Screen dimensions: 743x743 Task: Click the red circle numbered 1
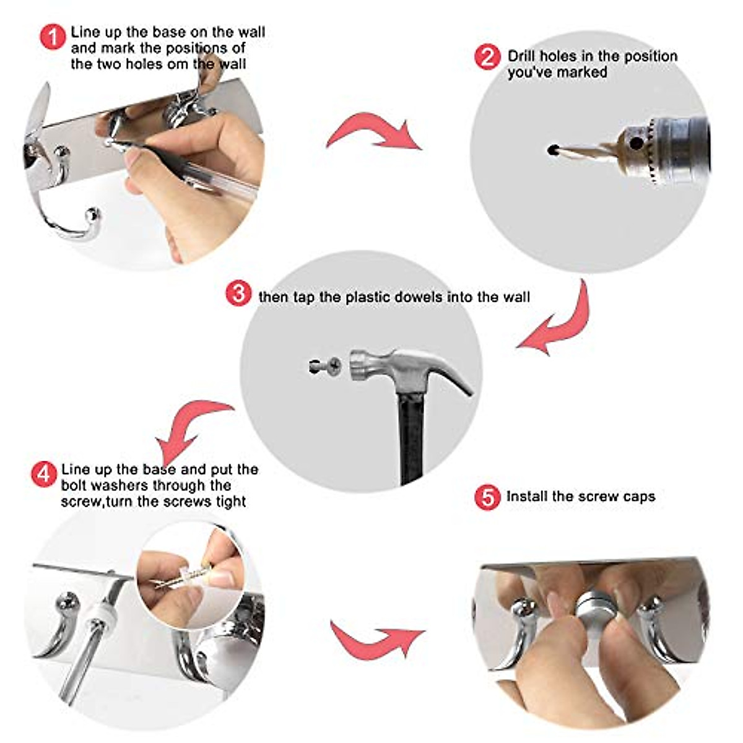[53, 37]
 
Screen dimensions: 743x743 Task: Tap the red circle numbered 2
[487, 57]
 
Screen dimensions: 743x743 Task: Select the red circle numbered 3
[238, 293]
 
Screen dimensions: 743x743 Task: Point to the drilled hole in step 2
[554, 150]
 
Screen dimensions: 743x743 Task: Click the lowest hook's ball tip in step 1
[92, 214]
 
